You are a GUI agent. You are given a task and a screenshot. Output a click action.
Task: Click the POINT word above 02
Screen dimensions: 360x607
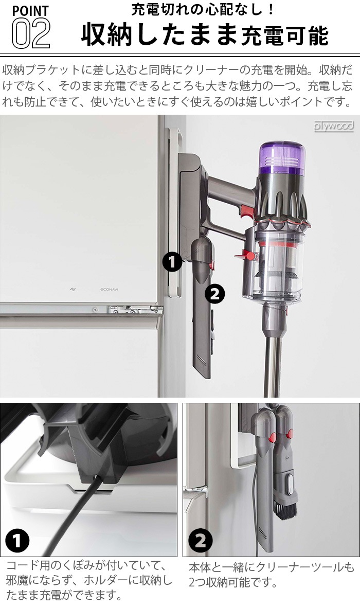coord(30,10)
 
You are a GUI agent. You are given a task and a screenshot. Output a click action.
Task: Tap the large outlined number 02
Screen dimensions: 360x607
coord(30,33)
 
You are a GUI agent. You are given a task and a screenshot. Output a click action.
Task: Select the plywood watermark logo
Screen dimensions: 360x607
coord(334,126)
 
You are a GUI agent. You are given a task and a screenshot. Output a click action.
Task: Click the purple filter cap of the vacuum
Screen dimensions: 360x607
coord(282,158)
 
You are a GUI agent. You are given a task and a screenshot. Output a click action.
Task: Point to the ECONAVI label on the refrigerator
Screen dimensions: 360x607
coord(109,289)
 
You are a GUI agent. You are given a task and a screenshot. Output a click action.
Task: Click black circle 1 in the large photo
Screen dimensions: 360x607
coord(172,262)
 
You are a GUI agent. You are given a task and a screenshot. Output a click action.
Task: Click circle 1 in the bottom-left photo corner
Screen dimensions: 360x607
coord(17,541)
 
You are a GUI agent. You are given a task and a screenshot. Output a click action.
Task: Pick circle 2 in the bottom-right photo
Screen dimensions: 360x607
coord(201,541)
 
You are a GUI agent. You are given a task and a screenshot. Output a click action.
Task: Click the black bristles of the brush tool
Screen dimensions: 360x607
coord(285,507)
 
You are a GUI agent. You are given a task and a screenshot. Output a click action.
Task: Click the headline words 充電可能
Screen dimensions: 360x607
coord(285,36)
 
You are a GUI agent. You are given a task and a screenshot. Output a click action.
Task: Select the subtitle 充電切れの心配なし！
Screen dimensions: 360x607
coord(203,9)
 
